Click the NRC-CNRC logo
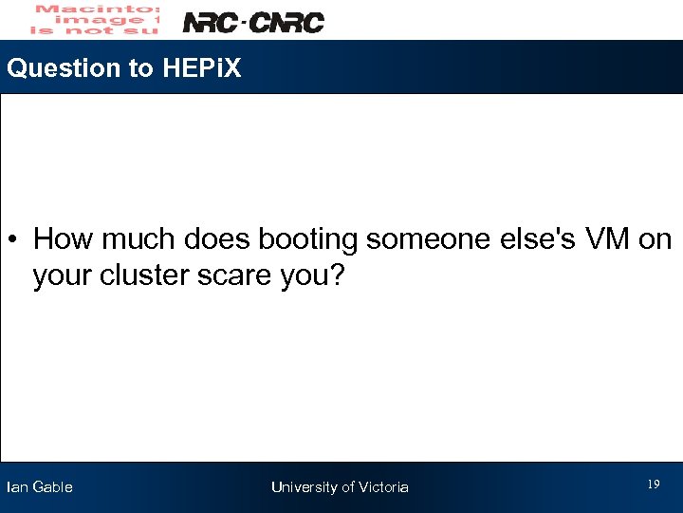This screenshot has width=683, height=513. click(252, 22)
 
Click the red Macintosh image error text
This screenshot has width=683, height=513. click(93, 19)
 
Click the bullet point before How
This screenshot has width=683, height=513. click(17, 239)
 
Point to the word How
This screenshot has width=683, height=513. click(60, 239)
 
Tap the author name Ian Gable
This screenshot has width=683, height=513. click(40, 487)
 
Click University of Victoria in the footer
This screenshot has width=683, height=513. click(340, 487)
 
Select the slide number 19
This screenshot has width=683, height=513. click(653, 484)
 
